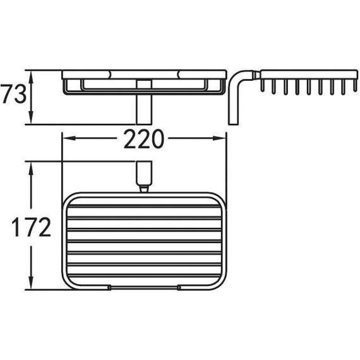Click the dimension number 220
(x=144, y=139)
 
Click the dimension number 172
(x=31, y=227)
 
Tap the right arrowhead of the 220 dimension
(x=220, y=138)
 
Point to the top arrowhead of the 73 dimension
(x=32, y=77)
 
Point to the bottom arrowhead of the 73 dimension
(x=32, y=117)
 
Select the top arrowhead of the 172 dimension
(x=32, y=169)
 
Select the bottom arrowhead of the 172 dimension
(x=32, y=282)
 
